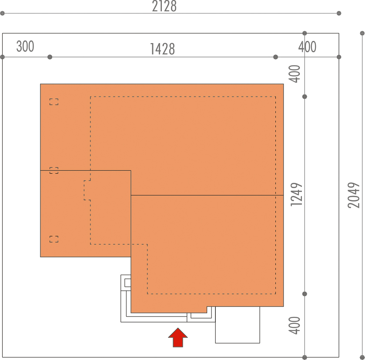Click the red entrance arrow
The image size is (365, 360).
(x=178, y=337)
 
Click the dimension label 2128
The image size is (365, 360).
(x=164, y=6)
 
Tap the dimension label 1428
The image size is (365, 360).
(x=162, y=49)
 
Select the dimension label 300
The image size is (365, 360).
(x=25, y=46)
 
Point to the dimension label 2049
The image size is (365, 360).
(x=354, y=195)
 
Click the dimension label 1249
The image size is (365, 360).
(x=297, y=195)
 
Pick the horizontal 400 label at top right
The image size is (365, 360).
(x=307, y=47)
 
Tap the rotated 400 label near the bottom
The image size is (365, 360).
(x=295, y=325)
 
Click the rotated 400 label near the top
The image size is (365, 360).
(x=295, y=74)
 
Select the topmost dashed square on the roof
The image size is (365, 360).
(x=54, y=102)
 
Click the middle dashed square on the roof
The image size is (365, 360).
(x=54, y=170)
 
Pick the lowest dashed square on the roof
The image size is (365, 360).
(x=54, y=239)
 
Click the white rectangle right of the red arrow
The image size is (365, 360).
(x=238, y=325)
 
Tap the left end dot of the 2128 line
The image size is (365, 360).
(x=2, y=13)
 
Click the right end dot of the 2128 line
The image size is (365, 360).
(x=339, y=13)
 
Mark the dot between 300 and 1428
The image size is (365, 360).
(x=50, y=57)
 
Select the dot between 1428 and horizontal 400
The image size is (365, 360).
(x=276, y=57)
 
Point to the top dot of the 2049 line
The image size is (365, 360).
(x=362, y=33)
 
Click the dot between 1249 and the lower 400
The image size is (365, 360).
(x=305, y=294)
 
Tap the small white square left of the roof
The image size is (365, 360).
(x=127, y=283)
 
